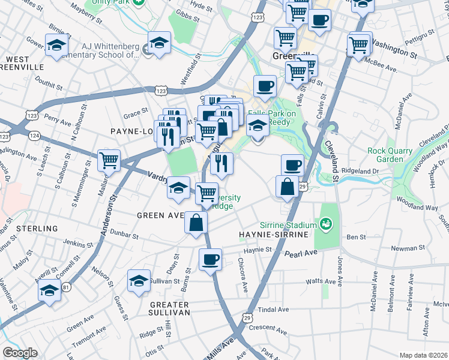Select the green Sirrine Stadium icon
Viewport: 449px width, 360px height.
point(327,224)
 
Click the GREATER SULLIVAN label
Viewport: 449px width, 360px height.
point(170,308)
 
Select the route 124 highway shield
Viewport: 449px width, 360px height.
point(37,136)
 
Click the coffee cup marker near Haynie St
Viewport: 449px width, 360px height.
point(210,259)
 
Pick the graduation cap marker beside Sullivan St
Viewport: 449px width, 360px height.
point(139,280)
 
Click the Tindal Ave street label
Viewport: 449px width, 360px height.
point(273,310)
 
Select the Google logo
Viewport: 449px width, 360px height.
point(20,353)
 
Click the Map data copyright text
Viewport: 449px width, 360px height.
point(423,355)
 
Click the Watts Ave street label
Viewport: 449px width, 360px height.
point(321,281)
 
